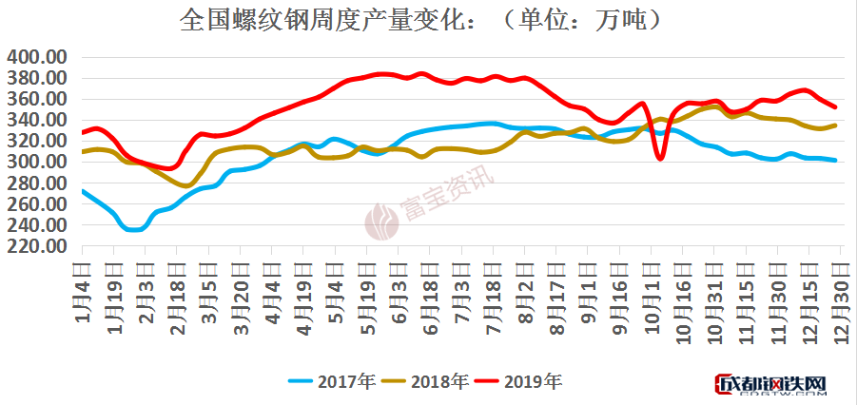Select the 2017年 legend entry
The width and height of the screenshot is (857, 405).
click(x=332, y=381)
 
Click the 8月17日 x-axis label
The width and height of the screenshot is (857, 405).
click(x=558, y=291)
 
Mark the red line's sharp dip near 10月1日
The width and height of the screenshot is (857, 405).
click(x=660, y=159)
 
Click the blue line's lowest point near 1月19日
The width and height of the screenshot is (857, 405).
click(x=134, y=229)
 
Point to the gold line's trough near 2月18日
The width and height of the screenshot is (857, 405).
click(x=186, y=184)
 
